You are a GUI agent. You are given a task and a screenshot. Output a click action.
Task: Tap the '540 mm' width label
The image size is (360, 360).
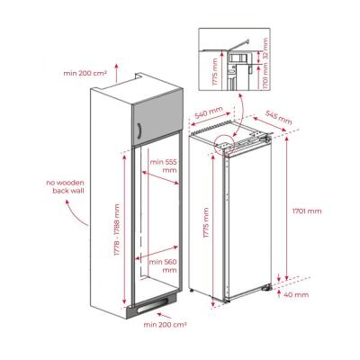(208, 115)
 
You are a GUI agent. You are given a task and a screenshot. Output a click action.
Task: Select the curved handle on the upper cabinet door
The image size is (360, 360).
(140, 132)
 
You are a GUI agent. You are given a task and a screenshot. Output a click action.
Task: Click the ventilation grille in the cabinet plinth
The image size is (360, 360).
(155, 306)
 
